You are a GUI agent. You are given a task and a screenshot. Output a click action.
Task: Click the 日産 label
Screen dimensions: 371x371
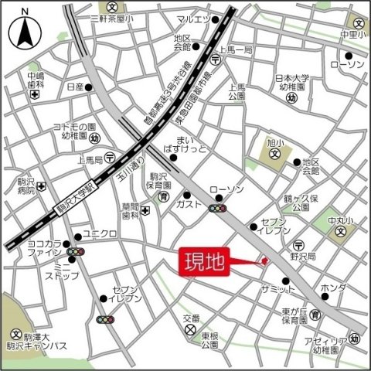[75, 87]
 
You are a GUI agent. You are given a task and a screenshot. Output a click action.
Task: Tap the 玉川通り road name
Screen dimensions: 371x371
[125, 173]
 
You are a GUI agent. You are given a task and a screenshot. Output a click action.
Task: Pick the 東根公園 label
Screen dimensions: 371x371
[210, 340]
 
